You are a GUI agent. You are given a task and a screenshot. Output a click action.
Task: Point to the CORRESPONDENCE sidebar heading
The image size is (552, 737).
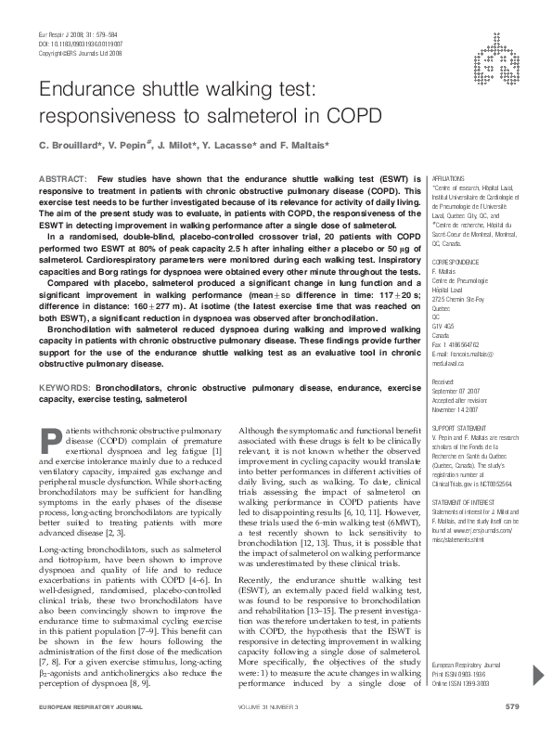coord(458,265)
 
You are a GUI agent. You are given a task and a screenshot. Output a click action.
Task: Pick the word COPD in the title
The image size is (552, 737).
coord(353,116)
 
